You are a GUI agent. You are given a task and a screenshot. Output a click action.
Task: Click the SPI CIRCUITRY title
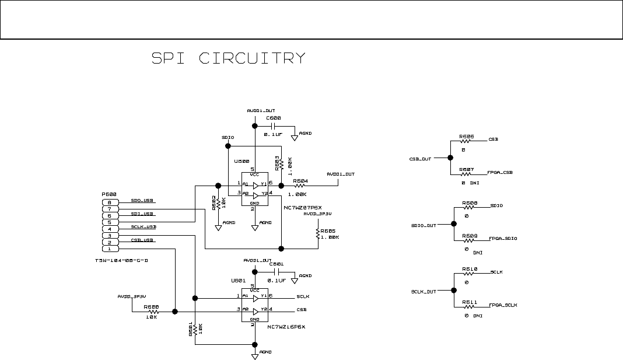(228, 58)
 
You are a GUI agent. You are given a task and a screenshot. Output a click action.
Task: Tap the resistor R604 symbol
(299, 186)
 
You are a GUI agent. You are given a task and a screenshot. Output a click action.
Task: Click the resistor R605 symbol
(318, 233)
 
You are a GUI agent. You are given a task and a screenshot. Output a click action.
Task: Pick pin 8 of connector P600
(110, 202)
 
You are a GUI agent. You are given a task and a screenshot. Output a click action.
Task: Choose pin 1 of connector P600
(110, 249)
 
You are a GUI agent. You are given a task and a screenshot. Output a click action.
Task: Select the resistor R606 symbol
(466, 141)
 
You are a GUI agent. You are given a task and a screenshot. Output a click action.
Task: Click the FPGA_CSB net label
(500, 173)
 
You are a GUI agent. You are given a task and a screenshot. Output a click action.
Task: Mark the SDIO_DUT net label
(423, 225)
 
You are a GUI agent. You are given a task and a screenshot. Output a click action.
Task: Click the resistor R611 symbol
(469, 306)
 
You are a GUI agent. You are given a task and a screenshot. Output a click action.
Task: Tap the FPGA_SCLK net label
(503, 305)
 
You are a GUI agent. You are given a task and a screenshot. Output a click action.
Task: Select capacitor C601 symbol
(278, 271)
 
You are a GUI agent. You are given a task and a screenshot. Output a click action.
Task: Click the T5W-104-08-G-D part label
(121, 260)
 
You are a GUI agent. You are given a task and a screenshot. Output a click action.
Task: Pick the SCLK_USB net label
(143, 226)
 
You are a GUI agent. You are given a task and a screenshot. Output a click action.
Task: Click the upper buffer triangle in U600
(256, 184)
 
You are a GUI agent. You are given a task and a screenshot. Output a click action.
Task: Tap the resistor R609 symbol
(469, 239)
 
